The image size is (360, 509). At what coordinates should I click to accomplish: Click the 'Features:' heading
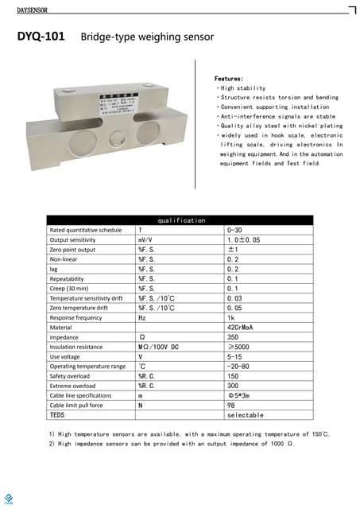(x=229, y=79)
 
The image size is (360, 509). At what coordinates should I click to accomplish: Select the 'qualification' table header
(x=181, y=220)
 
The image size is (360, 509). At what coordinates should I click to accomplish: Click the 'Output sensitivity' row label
(x=72, y=239)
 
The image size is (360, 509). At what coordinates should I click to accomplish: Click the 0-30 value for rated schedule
(x=236, y=230)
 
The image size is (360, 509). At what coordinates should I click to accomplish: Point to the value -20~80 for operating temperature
(x=239, y=367)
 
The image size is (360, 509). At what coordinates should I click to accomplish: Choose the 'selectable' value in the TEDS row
(x=245, y=415)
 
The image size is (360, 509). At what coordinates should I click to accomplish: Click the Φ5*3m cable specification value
(x=239, y=395)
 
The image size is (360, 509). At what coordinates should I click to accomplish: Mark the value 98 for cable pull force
(x=231, y=405)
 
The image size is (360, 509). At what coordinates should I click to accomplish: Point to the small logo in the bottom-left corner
(x=9, y=499)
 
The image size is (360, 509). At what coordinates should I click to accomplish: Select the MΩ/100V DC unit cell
(x=158, y=347)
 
